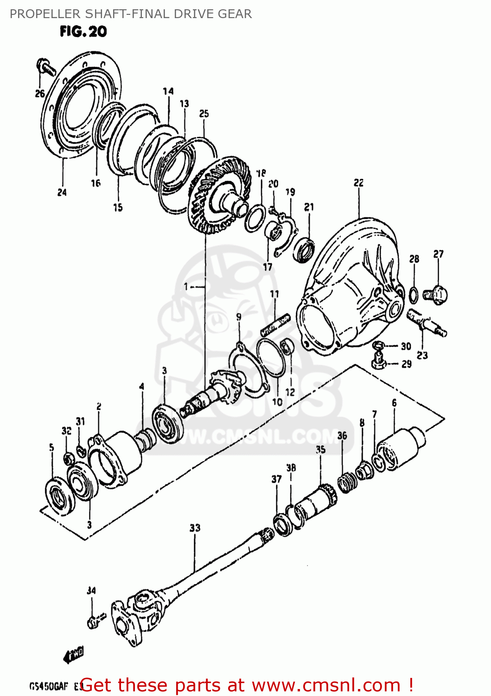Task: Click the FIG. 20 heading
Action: (x=83, y=32)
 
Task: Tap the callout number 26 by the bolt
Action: (x=40, y=93)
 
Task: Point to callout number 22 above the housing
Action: (x=358, y=183)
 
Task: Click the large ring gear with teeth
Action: (x=218, y=195)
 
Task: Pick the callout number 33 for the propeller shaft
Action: (x=195, y=528)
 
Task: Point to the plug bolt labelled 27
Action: (x=435, y=294)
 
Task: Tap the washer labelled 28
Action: (x=414, y=294)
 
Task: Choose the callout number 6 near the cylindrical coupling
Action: (x=394, y=403)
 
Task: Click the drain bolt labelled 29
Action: (x=379, y=361)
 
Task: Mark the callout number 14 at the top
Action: (x=168, y=91)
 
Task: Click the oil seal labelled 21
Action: (x=304, y=249)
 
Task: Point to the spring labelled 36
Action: (x=344, y=483)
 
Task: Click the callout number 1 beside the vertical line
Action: (x=186, y=287)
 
